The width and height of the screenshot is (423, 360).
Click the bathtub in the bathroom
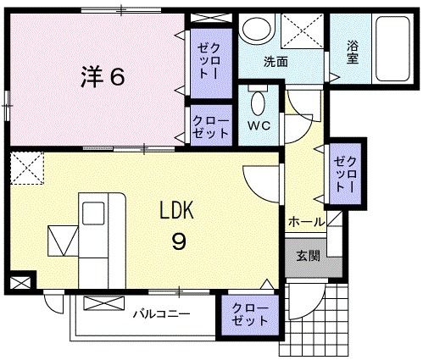click(392, 46)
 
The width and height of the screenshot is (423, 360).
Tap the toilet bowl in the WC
click(258, 104)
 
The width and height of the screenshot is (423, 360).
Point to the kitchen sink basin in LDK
click(62, 239)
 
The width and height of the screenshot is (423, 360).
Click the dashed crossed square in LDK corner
click(25, 168)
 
